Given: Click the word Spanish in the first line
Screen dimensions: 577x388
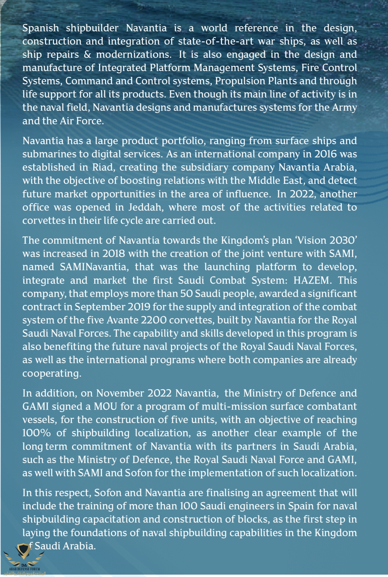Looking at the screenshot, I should coord(41,28).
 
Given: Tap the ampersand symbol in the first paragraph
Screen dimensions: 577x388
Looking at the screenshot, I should coord(87,55).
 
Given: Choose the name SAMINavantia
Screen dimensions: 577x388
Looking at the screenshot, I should coord(94,267).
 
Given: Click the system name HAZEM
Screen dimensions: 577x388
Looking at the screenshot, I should coord(312,280).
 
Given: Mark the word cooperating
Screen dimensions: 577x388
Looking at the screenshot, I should coord(52,373).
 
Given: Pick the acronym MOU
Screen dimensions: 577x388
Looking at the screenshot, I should coord(105,407).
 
